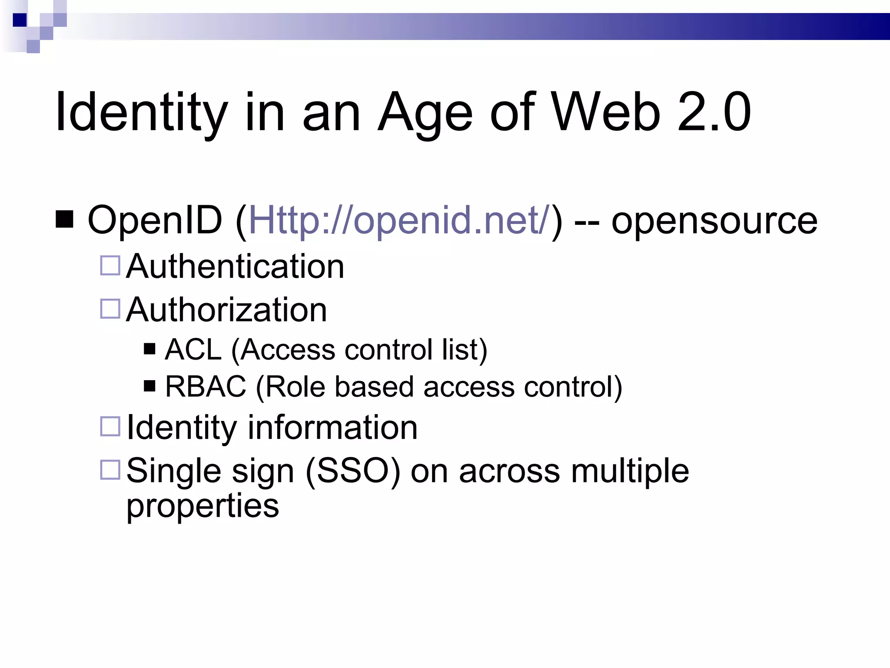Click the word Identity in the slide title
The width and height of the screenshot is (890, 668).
142,112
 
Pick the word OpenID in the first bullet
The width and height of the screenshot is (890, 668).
155,220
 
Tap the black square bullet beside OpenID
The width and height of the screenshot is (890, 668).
65,219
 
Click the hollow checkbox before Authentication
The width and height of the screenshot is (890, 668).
110,265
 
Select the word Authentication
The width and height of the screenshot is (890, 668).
235,266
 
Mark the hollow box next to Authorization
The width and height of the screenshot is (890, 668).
110,309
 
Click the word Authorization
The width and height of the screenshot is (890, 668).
226,310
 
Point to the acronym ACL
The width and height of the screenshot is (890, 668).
193,349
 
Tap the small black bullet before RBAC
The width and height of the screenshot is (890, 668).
149,386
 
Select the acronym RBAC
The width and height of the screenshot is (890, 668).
206,386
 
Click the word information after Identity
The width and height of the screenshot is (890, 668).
332,428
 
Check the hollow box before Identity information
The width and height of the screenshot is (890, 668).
110,426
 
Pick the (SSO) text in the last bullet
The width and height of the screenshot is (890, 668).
352,471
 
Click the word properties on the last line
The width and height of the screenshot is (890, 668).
203,506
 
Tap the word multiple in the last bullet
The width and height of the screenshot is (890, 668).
630,471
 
